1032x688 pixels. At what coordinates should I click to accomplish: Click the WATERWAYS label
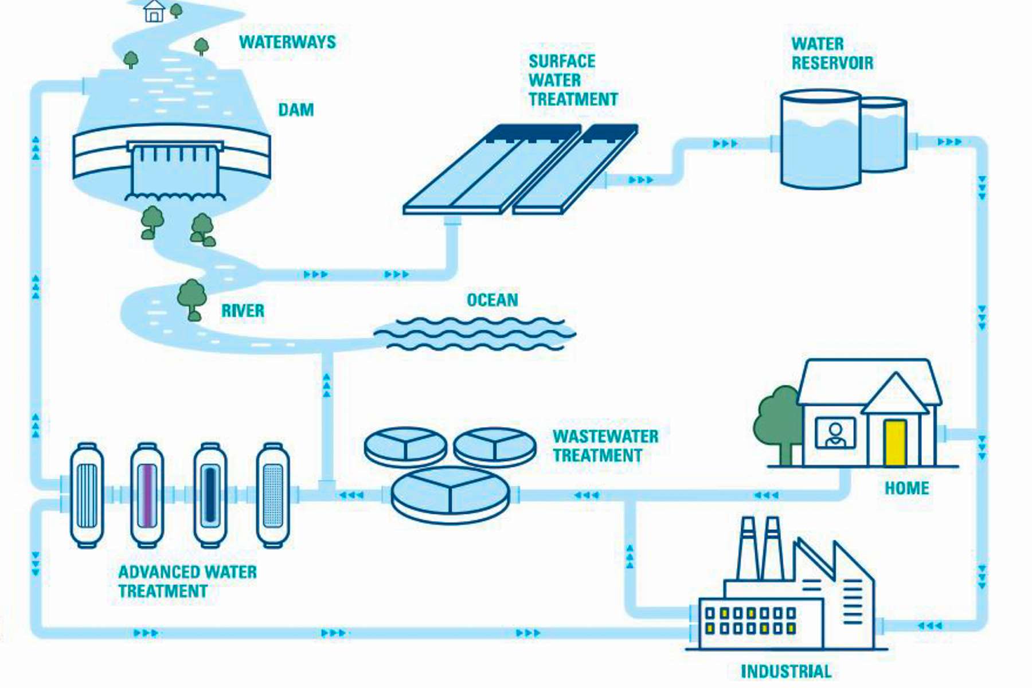[x=287, y=42]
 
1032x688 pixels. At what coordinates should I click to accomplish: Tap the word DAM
[x=296, y=110]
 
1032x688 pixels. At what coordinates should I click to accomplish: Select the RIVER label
[x=243, y=311]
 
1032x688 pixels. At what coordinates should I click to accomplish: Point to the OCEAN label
[x=492, y=300]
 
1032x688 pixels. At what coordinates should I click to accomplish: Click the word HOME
[x=906, y=488]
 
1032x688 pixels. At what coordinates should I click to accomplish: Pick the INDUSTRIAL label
[x=786, y=671]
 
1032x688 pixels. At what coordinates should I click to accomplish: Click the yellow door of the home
[x=894, y=443]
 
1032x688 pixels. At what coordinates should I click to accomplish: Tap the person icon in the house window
[x=835, y=433]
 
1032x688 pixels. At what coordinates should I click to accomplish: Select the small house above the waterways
[x=154, y=11]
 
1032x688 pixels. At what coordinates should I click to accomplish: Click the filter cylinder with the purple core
[x=147, y=495]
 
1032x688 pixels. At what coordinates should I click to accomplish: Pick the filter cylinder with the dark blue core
[x=210, y=495]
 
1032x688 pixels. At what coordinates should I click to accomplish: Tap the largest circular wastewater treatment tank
[x=450, y=494]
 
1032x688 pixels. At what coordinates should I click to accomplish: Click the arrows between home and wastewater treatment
[x=765, y=495]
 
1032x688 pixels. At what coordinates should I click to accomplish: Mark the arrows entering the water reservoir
[x=725, y=143]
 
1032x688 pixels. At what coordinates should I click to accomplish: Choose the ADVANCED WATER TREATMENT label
[x=187, y=581]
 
